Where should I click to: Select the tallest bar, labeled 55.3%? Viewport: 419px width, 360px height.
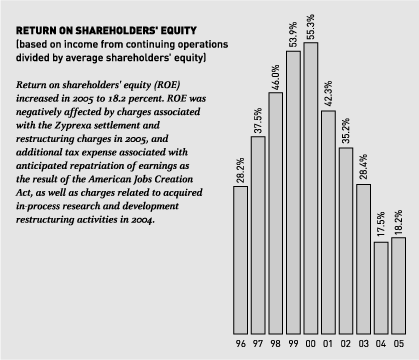311,185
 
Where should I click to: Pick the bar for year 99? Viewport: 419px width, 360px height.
293,190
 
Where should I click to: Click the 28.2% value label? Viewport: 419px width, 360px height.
240,166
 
